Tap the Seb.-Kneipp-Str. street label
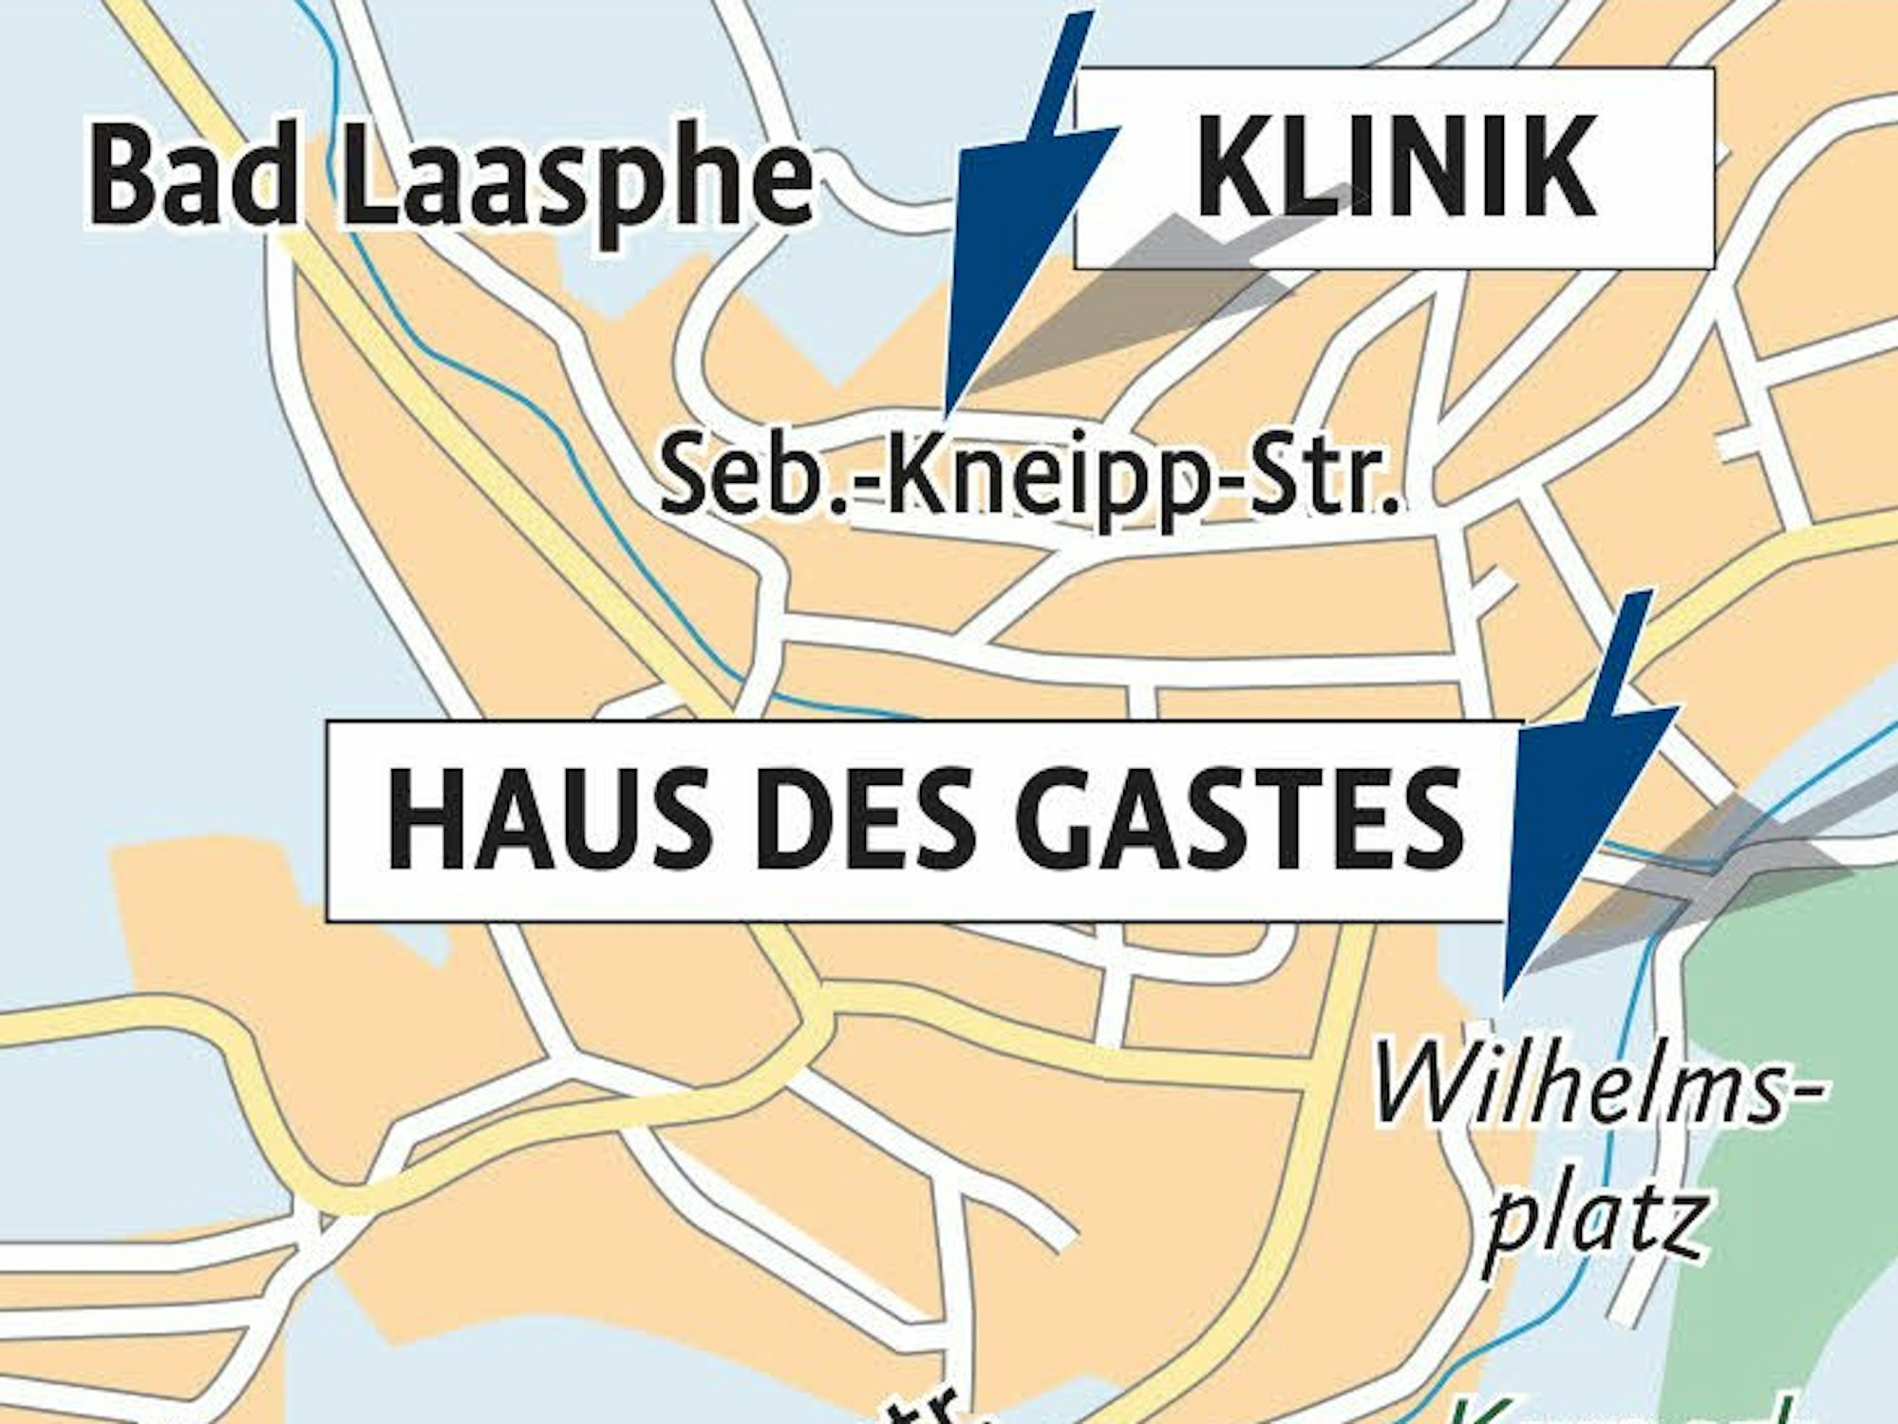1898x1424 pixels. coord(1030,475)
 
